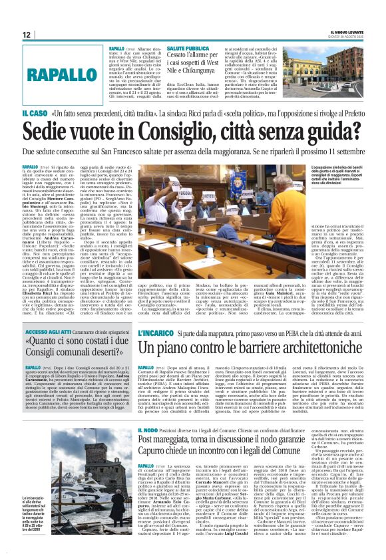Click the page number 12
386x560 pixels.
pos(27,35)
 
